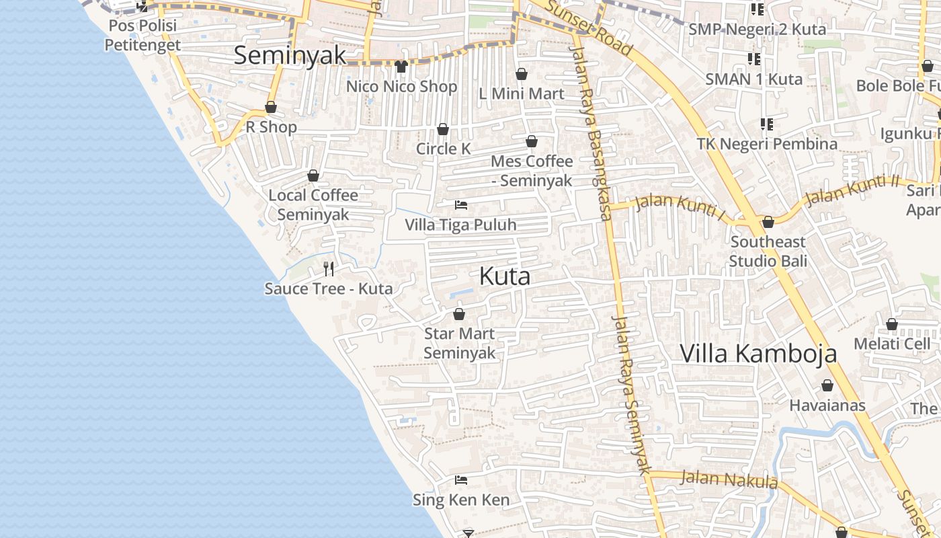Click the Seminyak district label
coord(290,55)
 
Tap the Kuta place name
coord(505,276)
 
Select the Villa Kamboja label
coord(758,353)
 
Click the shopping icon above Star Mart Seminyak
coord(459,314)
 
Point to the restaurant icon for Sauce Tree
coord(329,269)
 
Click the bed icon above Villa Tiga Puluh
coord(461,204)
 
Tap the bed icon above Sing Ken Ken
coord(461,480)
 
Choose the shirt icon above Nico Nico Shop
coord(401,66)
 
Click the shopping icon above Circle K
coord(443,129)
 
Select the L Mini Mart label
coord(522,93)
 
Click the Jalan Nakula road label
coord(729,479)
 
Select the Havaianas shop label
coord(827,406)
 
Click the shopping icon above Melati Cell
coord(892,325)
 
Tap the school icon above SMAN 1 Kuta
coord(753,59)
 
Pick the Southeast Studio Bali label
coord(768,251)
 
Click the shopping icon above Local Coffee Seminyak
coord(313,176)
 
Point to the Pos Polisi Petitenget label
coord(142,36)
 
